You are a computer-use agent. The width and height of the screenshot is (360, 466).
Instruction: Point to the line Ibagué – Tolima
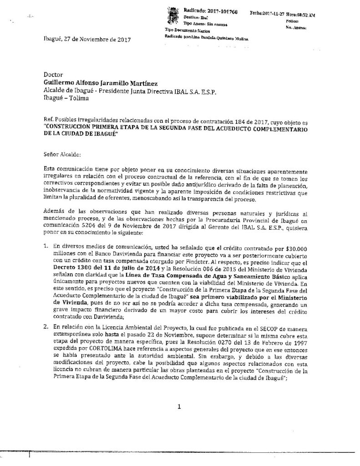point(66,98)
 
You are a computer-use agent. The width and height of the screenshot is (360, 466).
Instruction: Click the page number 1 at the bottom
point(180,407)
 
